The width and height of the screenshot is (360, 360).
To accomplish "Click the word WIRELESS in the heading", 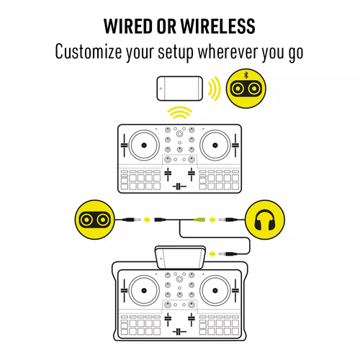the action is (217, 26).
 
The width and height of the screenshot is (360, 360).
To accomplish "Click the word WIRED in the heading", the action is (128, 26).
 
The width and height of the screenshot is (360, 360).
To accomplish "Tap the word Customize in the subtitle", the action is (89, 51).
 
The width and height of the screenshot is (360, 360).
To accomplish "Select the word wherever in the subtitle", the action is (228, 51).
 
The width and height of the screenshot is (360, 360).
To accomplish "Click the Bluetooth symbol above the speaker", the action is (246, 75).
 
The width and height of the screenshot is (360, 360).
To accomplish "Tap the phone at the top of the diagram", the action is (180, 89).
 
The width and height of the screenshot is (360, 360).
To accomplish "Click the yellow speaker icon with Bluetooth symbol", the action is (246, 89).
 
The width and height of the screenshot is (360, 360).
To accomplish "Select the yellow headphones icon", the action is (265, 220).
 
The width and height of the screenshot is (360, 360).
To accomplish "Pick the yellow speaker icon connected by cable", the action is (95, 220).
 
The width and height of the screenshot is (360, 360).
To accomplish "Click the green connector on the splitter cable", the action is (199, 220).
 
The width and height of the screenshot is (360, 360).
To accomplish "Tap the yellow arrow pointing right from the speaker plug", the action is (147, 220).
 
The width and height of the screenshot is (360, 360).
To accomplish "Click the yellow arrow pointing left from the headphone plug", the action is (212, 220).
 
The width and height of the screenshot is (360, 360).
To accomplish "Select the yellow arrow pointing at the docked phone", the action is (212, 253).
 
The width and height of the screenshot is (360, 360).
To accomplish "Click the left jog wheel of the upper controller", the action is (144, 145).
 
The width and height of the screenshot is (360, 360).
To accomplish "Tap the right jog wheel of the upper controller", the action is (215, 145).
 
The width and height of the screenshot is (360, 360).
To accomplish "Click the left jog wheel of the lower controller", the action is (144, 290).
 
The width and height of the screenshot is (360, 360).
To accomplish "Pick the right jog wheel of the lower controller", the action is (215, 290).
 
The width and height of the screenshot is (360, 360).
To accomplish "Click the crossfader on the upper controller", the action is (179, 186).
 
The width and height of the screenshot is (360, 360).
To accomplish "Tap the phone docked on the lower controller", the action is (180, 257).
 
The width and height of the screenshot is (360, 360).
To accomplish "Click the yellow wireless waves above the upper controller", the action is (180, 112).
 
